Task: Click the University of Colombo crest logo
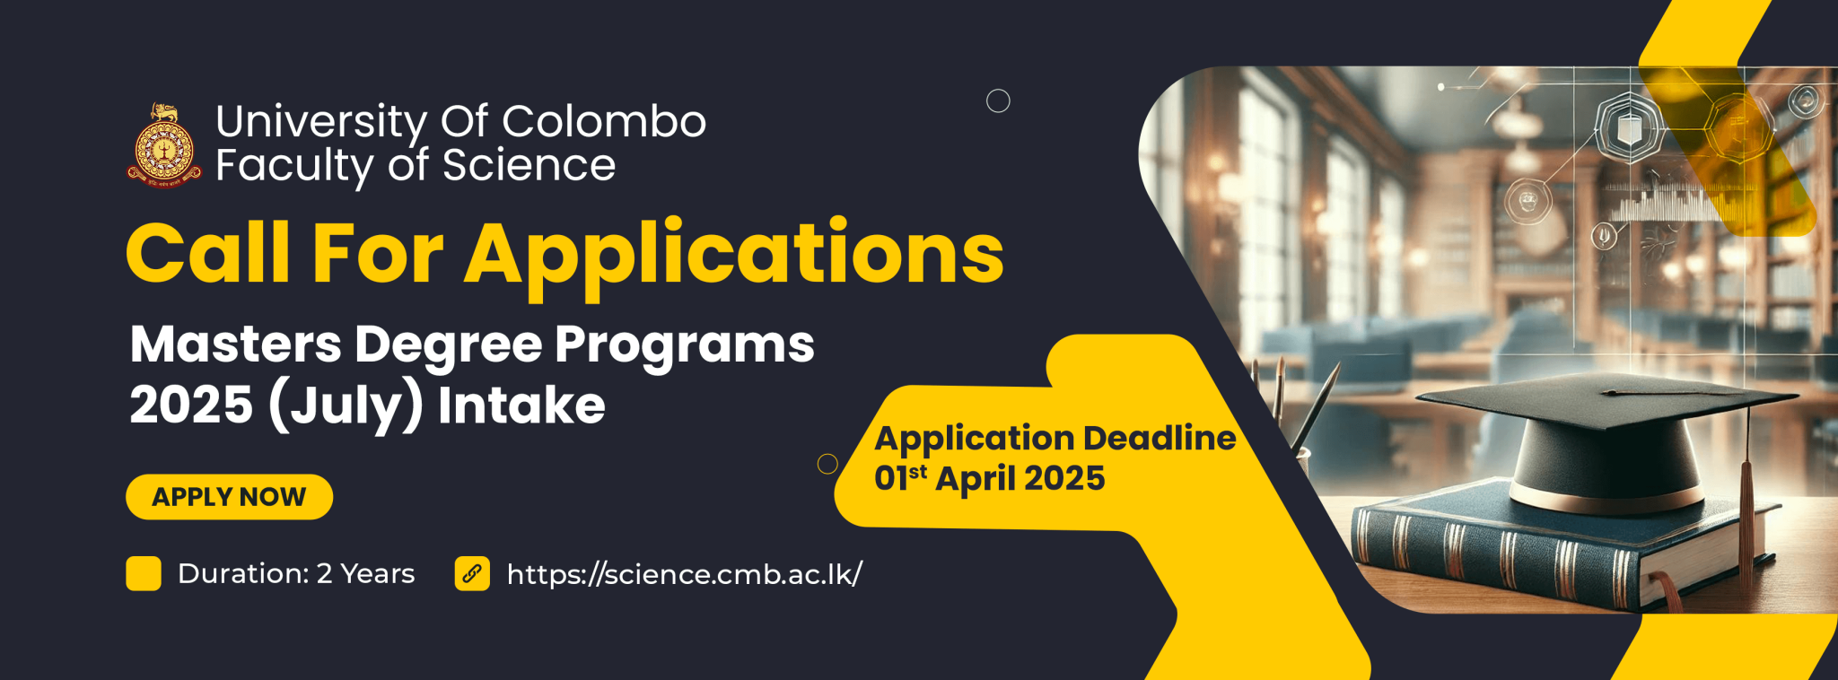[164, 145]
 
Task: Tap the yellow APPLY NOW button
[229, 497]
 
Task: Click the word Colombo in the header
[604, 121]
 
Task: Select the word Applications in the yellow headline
[734, 257]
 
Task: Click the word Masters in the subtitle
[236, 344]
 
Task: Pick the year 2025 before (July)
[191, 405]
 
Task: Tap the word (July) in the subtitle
[346, 406]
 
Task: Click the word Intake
[521, 405]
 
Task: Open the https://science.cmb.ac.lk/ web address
[684, 574]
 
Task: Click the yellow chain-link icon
[472, 573]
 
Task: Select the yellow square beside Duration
[144, 573]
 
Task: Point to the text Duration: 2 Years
[296, 573]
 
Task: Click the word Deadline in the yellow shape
[1160, 438]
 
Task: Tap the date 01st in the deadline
[901, 477]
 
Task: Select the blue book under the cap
[1562, 547]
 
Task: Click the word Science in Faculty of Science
[529, 165]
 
